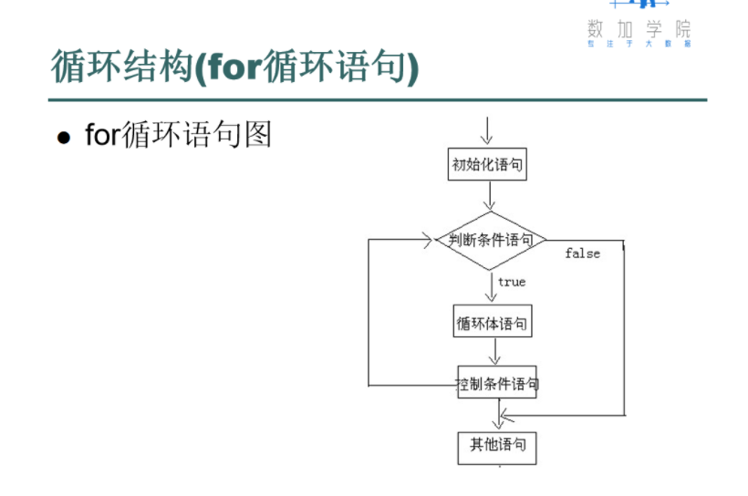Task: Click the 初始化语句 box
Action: pyautogui.click(x=487, y=165)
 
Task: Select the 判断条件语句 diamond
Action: pyautogui.click(x=491, y=240)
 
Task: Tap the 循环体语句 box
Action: pyautogui.click(x=492, y=322)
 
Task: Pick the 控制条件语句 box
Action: pyautogui.click(x=498, y=384)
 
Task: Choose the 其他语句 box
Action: pyautogui.click(x=497, y=445)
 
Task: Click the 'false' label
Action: pyautogui.click(x=582, y=253)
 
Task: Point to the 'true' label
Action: pyautogui.click(x=512, y=282)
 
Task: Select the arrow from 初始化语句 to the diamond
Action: pyautogui.click(x=491, y=195)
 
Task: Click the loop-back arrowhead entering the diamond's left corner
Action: pyautogui.click(x=426, y=240)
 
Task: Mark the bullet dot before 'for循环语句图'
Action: pyautogui.click(x=64, y=138)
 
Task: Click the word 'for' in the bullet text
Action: pyautogui.click(x=102, y=135)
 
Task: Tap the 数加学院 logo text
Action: pyautogui.click(x=639, y=28)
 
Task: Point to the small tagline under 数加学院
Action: pyautogui.click(x=639, y=44)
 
